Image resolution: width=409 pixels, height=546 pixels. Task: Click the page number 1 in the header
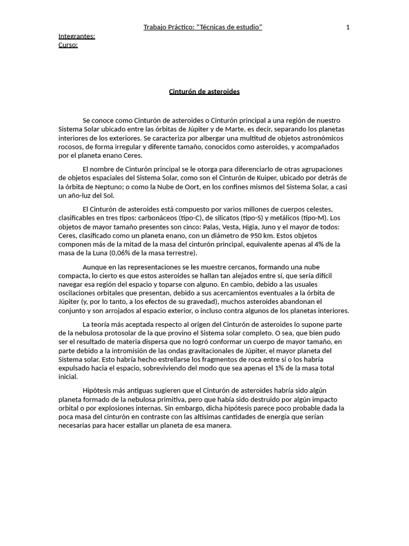348,28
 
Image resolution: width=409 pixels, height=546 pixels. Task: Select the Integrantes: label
77,36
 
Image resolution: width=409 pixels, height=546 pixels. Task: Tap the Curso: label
68,45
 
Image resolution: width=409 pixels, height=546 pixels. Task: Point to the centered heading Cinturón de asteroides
204,92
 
